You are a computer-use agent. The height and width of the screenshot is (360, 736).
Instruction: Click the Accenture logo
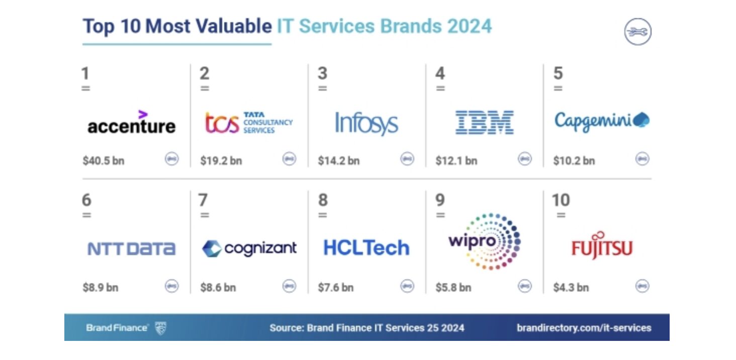coord(131,123)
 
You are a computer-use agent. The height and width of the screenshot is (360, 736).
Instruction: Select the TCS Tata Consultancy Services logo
coord(248,123)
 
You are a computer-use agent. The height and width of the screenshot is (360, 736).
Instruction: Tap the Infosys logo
coord(366,123)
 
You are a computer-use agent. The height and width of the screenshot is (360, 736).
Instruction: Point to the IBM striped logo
coord(484,123)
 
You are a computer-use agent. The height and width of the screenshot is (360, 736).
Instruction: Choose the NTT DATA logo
coord(131,249)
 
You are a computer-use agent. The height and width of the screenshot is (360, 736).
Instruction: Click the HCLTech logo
coord(366,248)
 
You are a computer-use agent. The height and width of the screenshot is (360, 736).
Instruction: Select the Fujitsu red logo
coord(601,246)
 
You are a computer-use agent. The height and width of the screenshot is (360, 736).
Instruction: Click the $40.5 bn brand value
coord(104,161)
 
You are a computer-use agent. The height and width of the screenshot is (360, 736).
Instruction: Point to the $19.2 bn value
coord(221,161)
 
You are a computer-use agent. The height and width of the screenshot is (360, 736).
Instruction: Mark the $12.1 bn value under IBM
coord(456,161)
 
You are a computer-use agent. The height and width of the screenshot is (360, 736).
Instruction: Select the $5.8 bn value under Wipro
coord(453,288)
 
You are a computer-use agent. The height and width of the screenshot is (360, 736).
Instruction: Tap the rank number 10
coord(561,200)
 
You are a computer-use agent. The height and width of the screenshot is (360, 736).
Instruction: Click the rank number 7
coord(203,200)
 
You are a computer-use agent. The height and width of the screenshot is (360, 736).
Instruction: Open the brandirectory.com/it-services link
coord(584,328)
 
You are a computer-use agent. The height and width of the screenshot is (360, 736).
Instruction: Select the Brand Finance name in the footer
coord(117,328)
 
